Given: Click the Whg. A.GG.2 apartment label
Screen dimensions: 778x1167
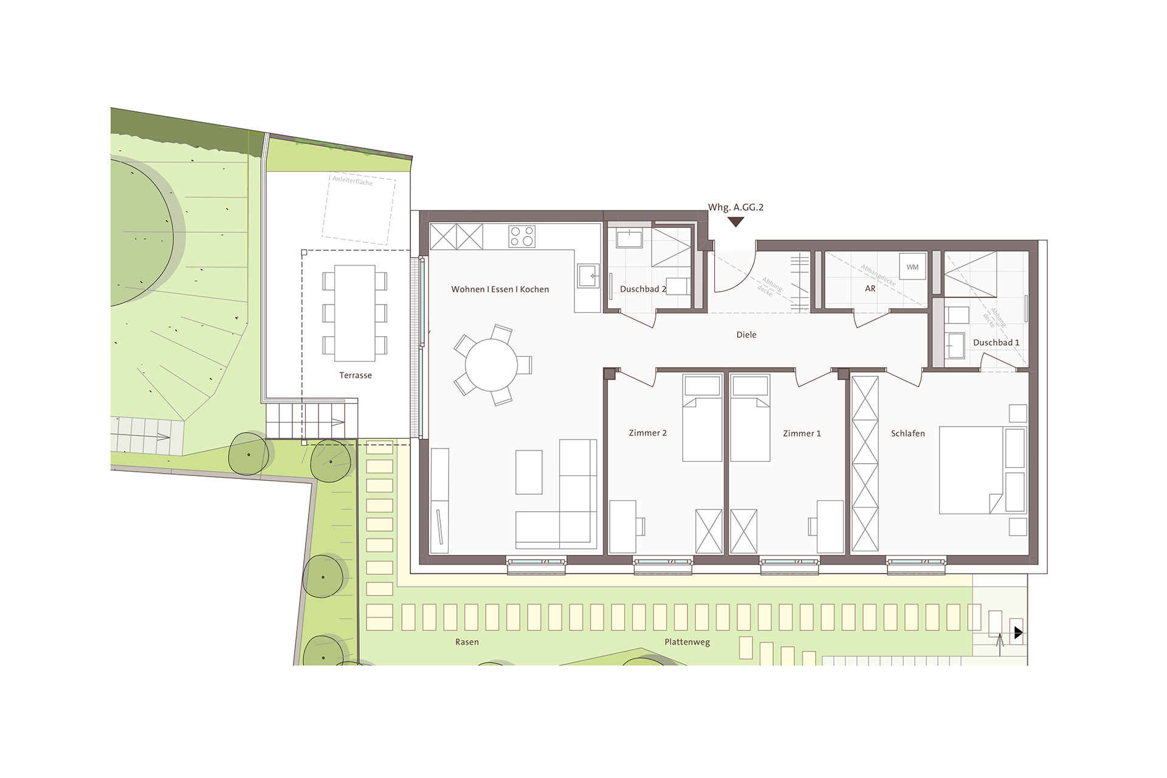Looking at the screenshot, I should click(735, 207).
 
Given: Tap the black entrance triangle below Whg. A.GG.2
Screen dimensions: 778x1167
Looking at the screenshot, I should click(736, 222).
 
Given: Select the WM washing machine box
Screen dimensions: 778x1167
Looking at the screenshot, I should click(912, 267).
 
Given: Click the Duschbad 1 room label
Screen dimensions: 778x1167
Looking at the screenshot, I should click(996, 342).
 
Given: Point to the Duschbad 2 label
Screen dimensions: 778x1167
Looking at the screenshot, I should click(642, 289).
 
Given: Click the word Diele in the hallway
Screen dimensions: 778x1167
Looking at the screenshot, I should click(746, 335).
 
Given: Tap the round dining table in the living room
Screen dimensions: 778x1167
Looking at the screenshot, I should click(491, 365).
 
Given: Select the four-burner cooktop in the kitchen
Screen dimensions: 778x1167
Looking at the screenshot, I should click(522, 236).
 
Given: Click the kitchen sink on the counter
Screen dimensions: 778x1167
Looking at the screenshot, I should click(588, 275).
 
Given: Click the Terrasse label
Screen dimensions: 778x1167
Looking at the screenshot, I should click(356, 376).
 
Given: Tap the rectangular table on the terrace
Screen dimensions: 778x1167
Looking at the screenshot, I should click(355, 313).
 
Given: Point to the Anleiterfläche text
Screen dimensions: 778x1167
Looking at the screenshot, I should click(353, 181).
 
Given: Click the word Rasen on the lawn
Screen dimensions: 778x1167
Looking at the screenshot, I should click(467, 642).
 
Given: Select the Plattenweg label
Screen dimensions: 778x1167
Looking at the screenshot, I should click(687, 642).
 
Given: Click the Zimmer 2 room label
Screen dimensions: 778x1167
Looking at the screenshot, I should click(648, 433).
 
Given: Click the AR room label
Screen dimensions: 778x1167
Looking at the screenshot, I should click(870, 289).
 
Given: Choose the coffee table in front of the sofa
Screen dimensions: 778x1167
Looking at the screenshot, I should click(529, 472).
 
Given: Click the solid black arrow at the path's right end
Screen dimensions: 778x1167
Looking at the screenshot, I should click(1019, 633).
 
